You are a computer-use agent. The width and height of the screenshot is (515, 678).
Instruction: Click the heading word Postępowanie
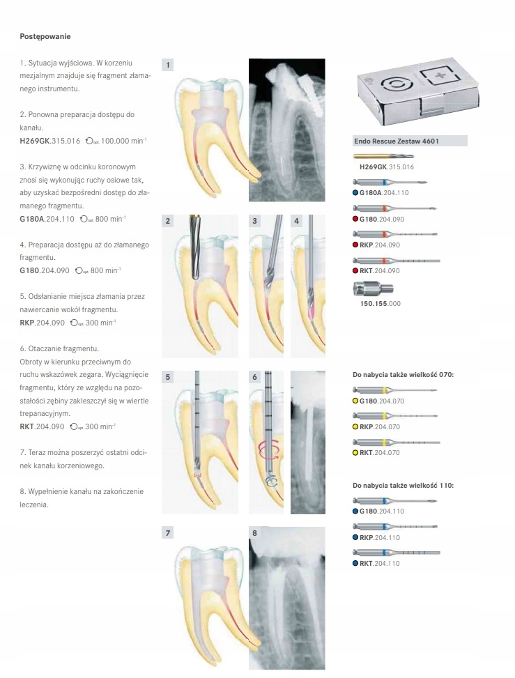[45, 36]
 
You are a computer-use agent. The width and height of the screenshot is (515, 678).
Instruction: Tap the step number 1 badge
[168, 65]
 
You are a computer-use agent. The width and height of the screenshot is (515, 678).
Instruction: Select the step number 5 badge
[168, 377]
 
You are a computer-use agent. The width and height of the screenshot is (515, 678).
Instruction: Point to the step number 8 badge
[254, 533]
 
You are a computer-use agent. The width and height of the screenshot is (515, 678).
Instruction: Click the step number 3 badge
[255, 221]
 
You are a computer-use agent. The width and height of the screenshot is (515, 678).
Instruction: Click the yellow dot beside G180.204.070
[355, 401]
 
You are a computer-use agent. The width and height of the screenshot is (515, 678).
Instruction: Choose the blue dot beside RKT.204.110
[355, 563]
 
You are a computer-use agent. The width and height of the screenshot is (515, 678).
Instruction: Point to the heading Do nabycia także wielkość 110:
[403, 484]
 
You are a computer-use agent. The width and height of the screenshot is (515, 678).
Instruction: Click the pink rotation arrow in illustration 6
[268, 449]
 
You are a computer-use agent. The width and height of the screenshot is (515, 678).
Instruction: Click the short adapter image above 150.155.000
[374, 288]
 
